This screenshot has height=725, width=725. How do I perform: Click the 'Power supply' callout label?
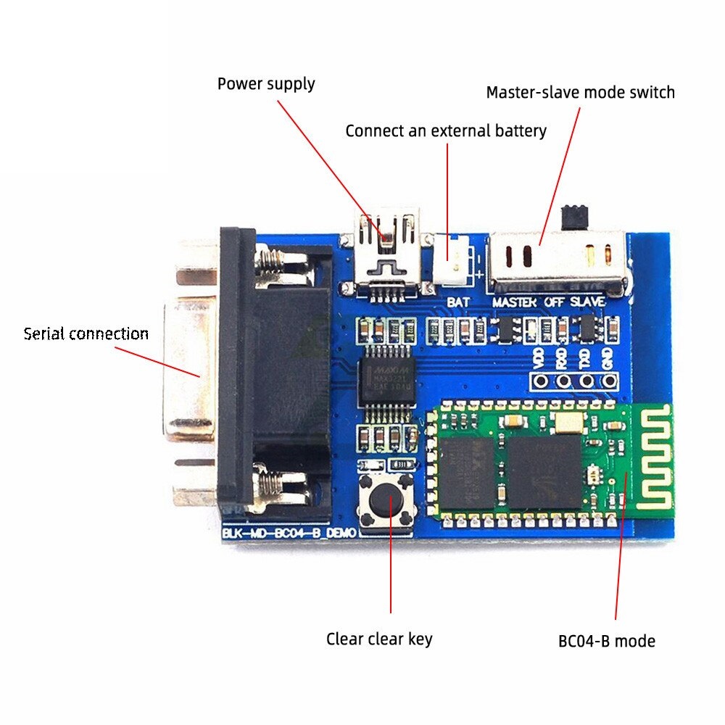(x=266, y=83)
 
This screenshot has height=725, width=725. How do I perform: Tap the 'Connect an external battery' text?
(x=445, y=131)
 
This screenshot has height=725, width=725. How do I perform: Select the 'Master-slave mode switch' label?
(x=580, y=93)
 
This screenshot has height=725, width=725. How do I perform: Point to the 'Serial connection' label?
(x=86, y=333)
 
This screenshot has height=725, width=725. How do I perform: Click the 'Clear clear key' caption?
(x=378, y=639)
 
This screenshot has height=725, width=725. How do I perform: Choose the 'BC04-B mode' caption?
(x=606, y=641)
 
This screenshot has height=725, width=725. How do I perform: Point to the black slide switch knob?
(x=574, y=216)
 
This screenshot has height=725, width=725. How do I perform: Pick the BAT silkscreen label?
(x=458, y=301)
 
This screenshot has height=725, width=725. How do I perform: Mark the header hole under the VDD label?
(x=539, y=380)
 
